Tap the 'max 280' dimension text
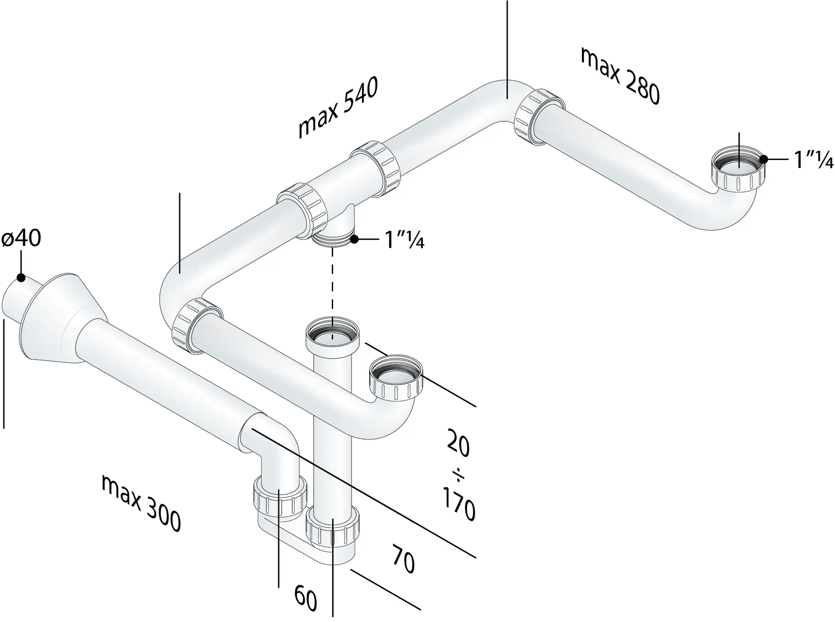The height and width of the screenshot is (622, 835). pyautogui.click(x=621, y=76)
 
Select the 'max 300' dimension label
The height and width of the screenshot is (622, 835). pyautogui.click(x=141, y=502)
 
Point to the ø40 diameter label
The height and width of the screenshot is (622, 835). pyautogui.click(x=21, y=239)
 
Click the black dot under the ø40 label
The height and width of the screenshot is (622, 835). pyautogui.click(x=20, y=277)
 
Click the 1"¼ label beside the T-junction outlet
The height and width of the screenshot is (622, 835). pyautogui.click(x=405, y=239)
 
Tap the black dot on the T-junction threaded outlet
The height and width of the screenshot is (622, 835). pyautogui.click(x=354, y=239)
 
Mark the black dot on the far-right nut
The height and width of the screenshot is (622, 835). pyautogui.click(x=764, y=160)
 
